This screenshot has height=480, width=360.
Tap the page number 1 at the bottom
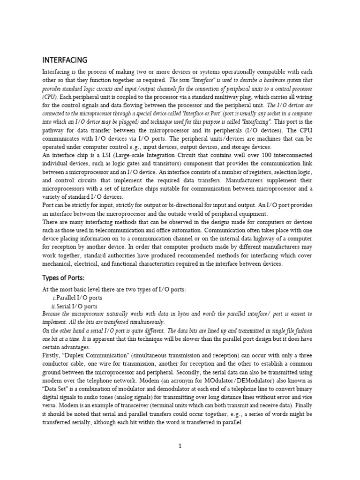click(x=180, y=446)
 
